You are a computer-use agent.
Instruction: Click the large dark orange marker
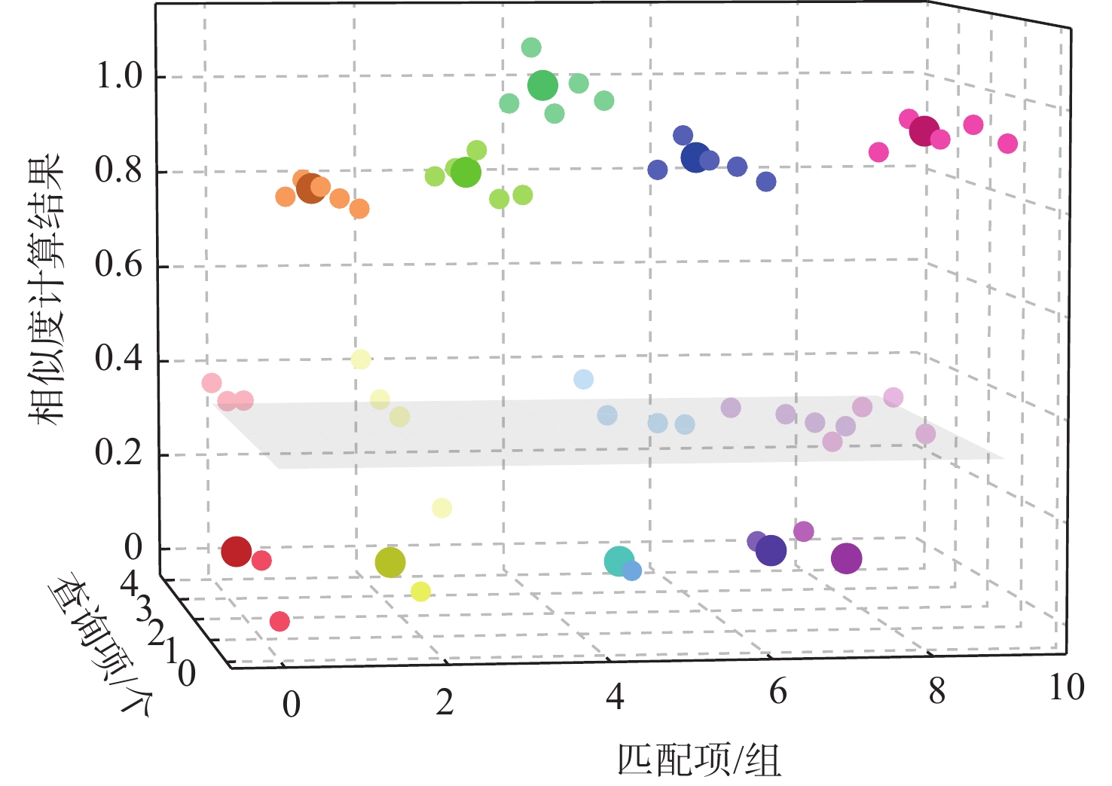[x=310, y=188]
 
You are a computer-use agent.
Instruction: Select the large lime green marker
[x=466, y=172]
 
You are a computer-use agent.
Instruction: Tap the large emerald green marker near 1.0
[x=542, y=86]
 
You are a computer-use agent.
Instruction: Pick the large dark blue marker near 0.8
[x=695, y=158]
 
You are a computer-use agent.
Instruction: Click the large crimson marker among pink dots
[x=924, y=131]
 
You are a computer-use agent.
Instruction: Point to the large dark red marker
[x=236, y=552]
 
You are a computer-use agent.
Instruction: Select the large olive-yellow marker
[x=390, y=561]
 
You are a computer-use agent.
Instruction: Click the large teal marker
[x=619, y=561]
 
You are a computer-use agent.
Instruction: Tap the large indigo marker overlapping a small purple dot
[x=771, y=551]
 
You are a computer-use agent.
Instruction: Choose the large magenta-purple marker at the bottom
[x=846, y=558]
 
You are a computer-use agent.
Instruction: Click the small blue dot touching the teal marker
[x=632, y=571]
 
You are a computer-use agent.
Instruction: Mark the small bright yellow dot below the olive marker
[x=420, y=592]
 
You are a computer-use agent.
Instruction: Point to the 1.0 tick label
[x=119, y=76]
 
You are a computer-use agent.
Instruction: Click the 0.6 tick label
[x=119, y=265]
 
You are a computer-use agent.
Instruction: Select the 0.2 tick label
[x=119, y=453]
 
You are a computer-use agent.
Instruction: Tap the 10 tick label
[x=1067, y=687]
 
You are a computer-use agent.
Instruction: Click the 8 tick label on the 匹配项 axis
[x=936, y=691]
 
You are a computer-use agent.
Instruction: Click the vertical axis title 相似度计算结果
[x=44, y=290]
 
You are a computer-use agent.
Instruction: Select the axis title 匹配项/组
[x=698, y=760]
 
